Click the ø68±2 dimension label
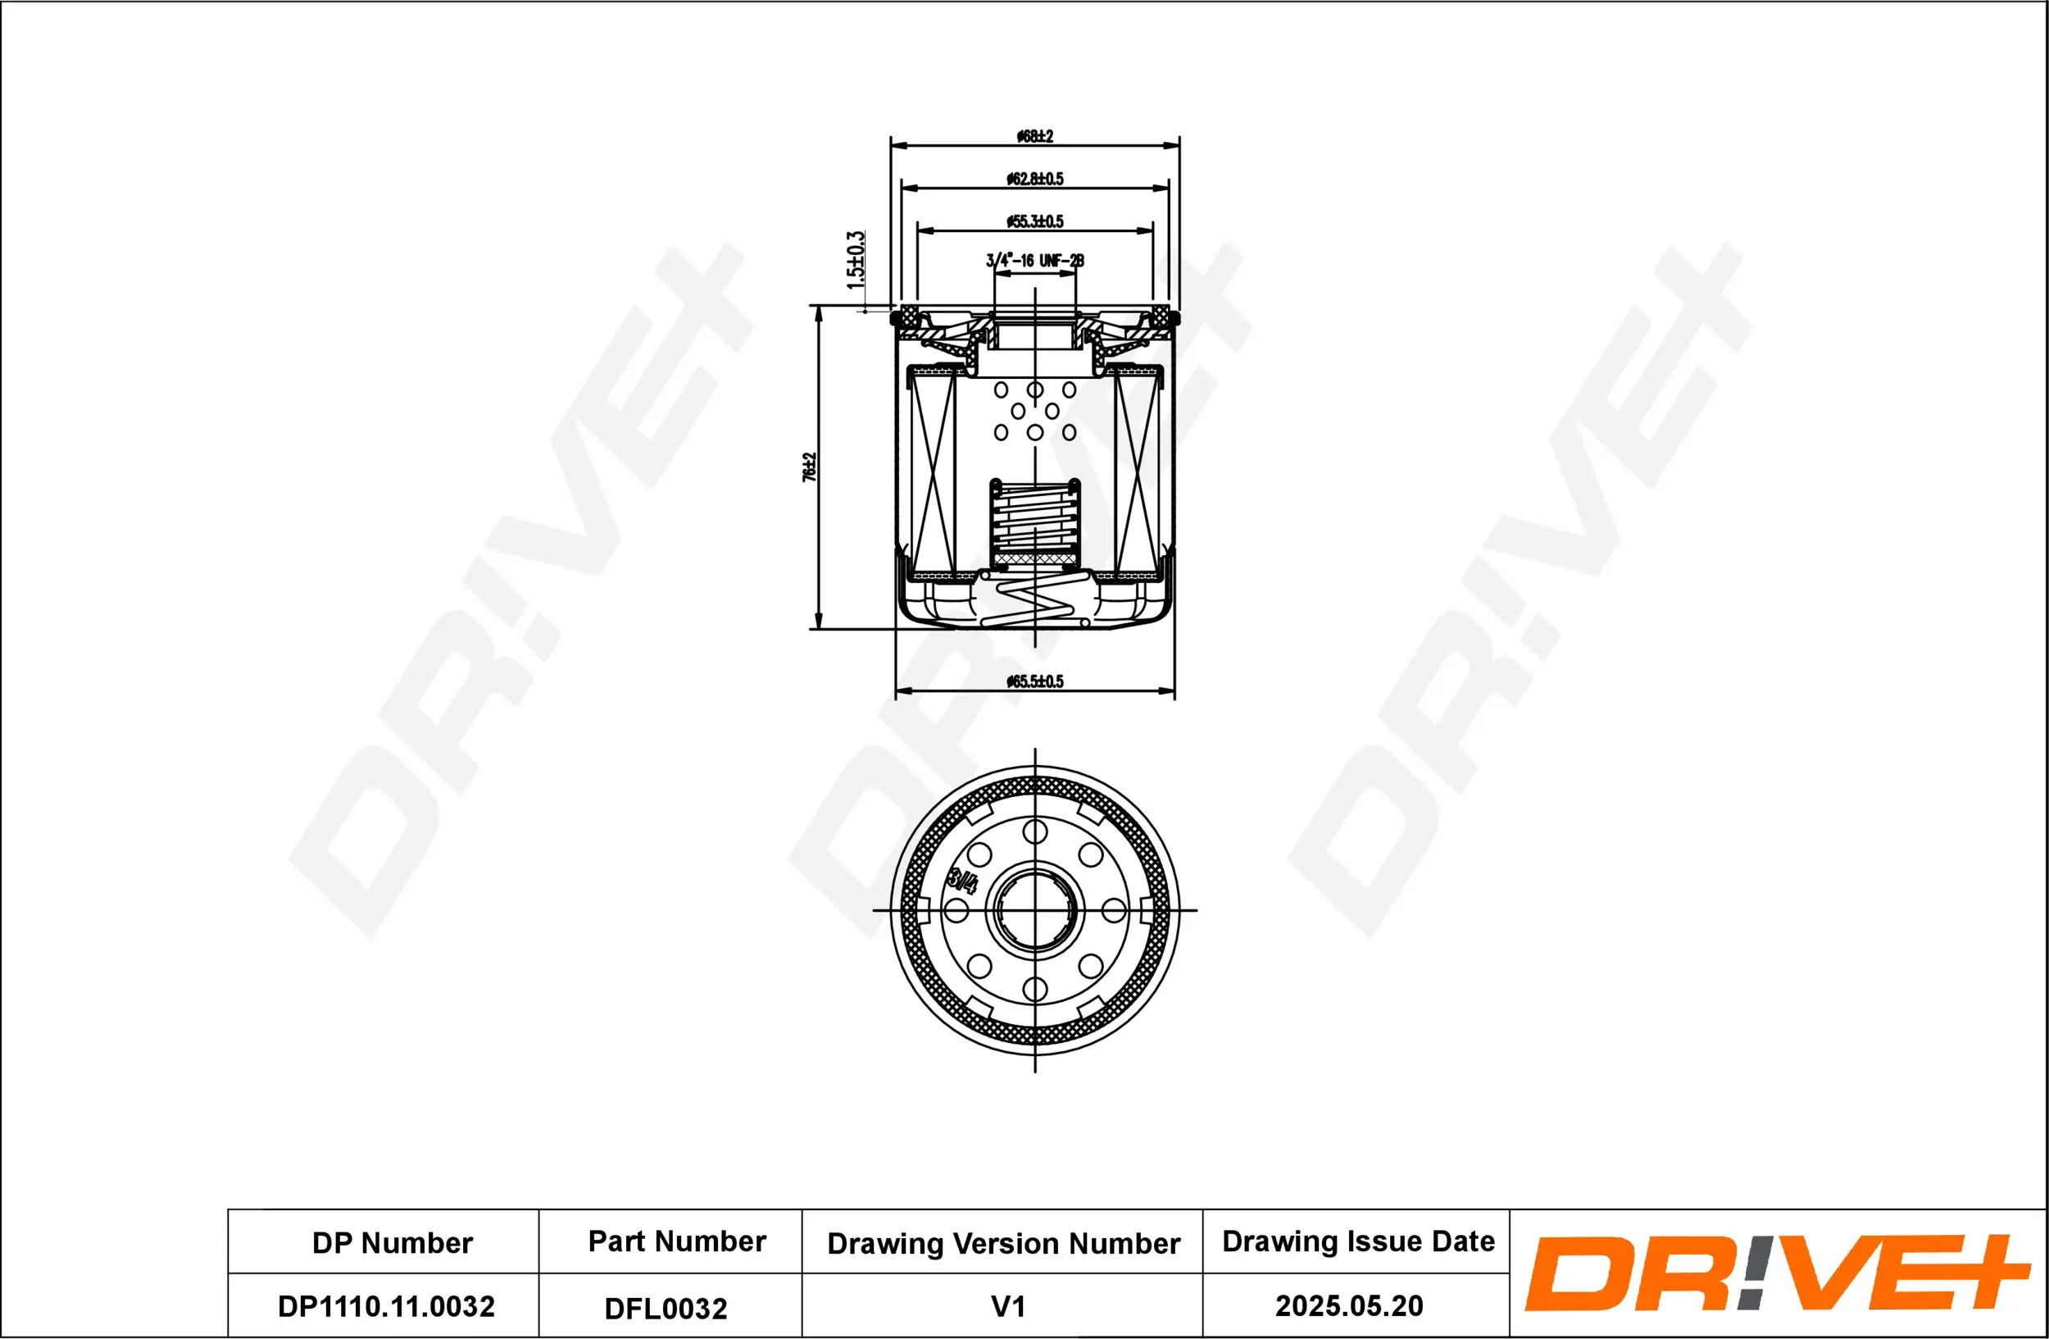1035,136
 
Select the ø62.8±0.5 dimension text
1035,178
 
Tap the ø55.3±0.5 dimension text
1035,221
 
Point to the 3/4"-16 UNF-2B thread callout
1035,260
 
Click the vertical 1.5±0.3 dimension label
855,260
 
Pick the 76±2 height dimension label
809,467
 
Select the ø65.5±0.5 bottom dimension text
1035,681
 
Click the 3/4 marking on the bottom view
963,881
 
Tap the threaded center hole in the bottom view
1035,910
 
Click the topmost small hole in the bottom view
1035,831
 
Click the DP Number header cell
392,1242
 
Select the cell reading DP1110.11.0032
386,1306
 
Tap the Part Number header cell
677,1241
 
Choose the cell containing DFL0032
666,1308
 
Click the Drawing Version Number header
1003,1243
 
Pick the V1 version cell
1008,1306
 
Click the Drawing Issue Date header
1358,1241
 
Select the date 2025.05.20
1348,1305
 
